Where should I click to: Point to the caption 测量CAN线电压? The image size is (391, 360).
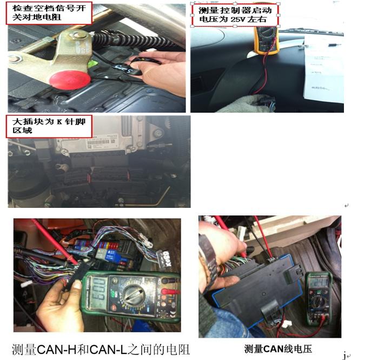click(278, 349)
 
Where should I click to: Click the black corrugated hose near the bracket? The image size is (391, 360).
click(130, 40)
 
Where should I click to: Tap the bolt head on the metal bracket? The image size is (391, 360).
click(81, 35)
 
